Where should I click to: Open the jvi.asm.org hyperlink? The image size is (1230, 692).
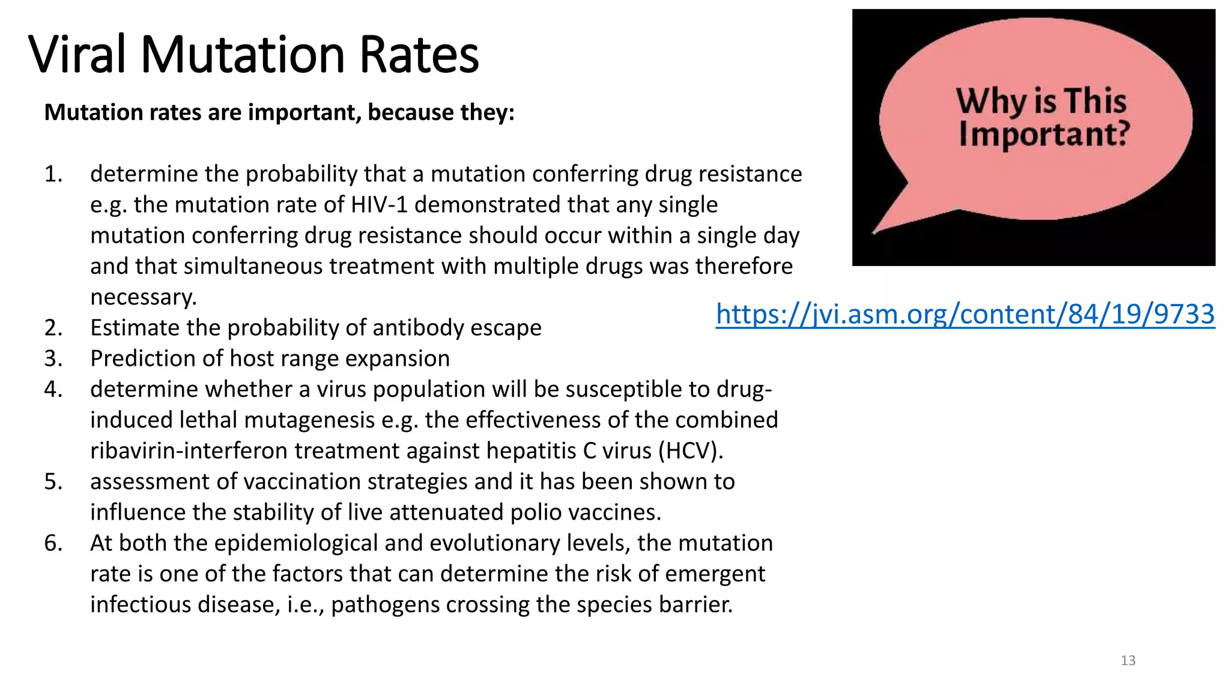965,314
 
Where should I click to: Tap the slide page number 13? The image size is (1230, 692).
1128,661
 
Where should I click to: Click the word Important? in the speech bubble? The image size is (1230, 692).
1044,133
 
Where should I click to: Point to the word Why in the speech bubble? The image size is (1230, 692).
990,100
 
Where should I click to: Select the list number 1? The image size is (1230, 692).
53,174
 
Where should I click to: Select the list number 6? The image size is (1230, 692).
53,543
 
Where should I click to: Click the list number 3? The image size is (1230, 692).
53,359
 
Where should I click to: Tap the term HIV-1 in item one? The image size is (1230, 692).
380,205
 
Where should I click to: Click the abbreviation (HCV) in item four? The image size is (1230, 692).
690,451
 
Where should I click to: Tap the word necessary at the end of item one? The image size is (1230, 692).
143,297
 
